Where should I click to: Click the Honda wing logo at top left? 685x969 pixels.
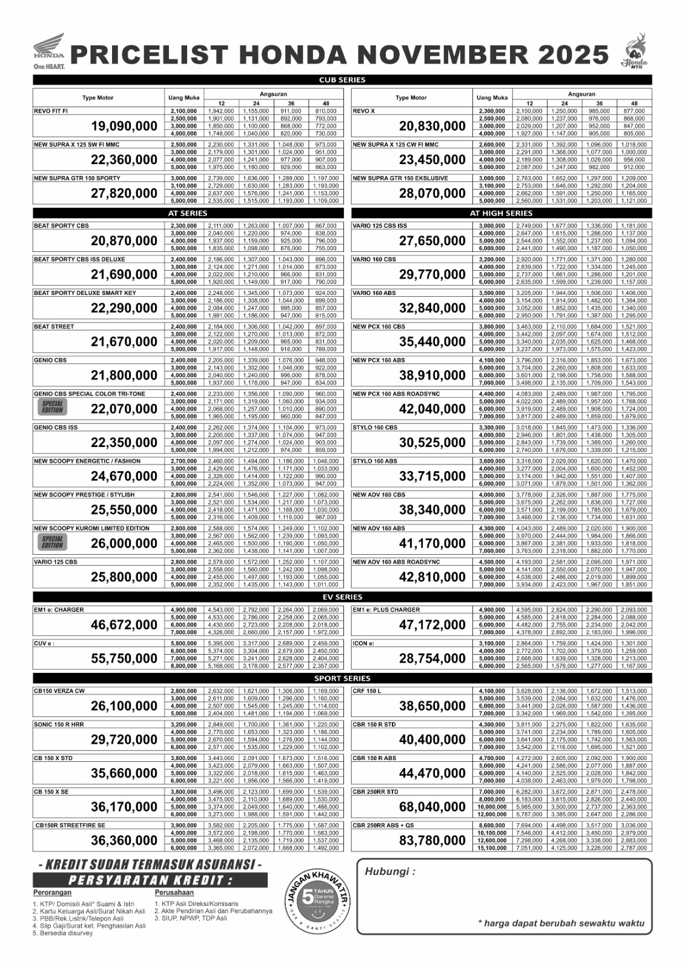tap(48, 47)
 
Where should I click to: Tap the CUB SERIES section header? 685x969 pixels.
tap(342, 80)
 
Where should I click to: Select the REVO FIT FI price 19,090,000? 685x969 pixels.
tap(124, 127)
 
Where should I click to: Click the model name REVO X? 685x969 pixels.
tap(364, 111)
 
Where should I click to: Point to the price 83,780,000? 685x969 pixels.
tap(432, 841)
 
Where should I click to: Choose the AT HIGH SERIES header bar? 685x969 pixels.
tap(501, 213)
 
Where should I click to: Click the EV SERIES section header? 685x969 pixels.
tap(342, 597)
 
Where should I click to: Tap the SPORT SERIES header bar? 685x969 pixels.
tap(342, 678)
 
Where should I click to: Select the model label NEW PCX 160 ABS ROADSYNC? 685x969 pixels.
tap(396, 394)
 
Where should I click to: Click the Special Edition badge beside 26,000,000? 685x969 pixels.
tap(52, 542)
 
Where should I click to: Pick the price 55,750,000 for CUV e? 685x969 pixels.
tap(124, 658)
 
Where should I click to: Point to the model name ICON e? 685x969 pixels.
tap(363, 643)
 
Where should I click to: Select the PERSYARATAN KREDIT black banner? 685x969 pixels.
tap(150, 880)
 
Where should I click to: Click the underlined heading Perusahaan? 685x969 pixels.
tap(174, 893)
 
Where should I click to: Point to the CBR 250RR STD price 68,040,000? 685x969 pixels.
tap(432, 807)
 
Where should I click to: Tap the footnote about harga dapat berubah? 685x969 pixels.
tap(561, 924)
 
